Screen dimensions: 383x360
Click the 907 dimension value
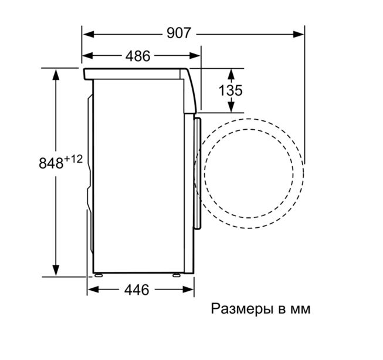(x=178, y=33)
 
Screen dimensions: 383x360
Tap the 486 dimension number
(x=138, y=56)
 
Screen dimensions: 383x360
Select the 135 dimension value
(x=231, y=90)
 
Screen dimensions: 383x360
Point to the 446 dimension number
(x=137, y=290)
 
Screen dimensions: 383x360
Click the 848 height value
(x=51, y=163)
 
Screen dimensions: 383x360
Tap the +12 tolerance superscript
(x=73, y=160)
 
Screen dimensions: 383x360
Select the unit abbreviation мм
(x=300, y=310)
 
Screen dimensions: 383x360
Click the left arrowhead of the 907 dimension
(x=88, y=34)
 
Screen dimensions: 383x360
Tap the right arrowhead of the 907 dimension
(x=299, y=34)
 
